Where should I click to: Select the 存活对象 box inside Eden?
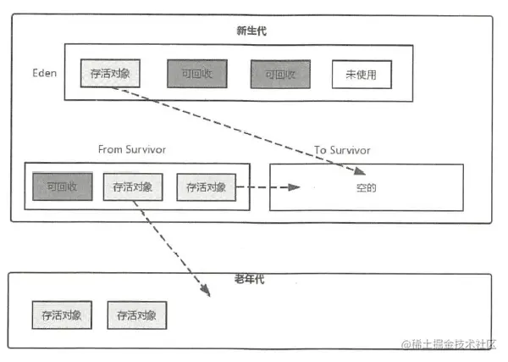coord(110,75)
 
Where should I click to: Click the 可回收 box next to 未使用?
coord(280,75)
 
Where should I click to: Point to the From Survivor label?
coord(132,149)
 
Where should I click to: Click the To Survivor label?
coord(342,150)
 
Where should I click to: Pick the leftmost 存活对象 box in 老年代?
coord(62,315)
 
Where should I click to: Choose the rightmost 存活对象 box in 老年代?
coord(137,315)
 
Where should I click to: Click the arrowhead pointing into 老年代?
coord(207,292)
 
